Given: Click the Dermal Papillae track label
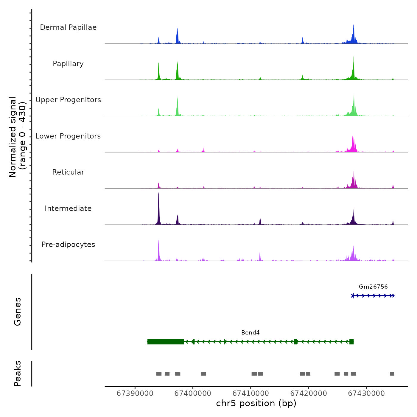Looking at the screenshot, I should point(68,27).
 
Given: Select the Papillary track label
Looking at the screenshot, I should point(68,64).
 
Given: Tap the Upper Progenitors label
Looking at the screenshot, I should point(68,100).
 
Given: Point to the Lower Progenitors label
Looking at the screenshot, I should point(68,136).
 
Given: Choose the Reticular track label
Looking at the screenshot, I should point(68,172).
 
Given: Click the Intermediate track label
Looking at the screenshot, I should point(68,208).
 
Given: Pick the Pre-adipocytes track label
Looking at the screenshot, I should point(68,245).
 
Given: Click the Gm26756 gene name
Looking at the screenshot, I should point(373,287).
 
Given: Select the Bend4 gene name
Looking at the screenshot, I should point(250,333).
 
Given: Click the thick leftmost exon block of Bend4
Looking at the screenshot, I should point(166,342).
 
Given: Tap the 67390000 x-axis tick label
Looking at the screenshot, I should point(135,393).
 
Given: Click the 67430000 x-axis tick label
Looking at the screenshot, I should point(366,393).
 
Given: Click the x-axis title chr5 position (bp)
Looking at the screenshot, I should point(256,404).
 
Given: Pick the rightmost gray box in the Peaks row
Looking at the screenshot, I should point(392,374).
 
